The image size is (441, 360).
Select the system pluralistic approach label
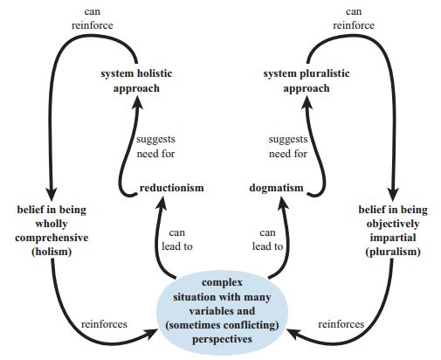[307, 81]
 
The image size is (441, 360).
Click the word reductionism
[171, 188]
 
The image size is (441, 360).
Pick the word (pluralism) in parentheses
[393, 252]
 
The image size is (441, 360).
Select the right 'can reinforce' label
[354, 18]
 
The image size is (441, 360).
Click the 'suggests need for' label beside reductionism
[158, 147]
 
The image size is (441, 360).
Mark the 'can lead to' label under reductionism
[177, 240]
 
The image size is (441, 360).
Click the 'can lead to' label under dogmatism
[267, 240]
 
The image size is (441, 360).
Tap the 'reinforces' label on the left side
[104, 324]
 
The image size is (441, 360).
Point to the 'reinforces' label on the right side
[341, 324]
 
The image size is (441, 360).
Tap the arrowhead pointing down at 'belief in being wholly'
[52, 195]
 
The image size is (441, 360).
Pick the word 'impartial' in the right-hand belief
[393, 238]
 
